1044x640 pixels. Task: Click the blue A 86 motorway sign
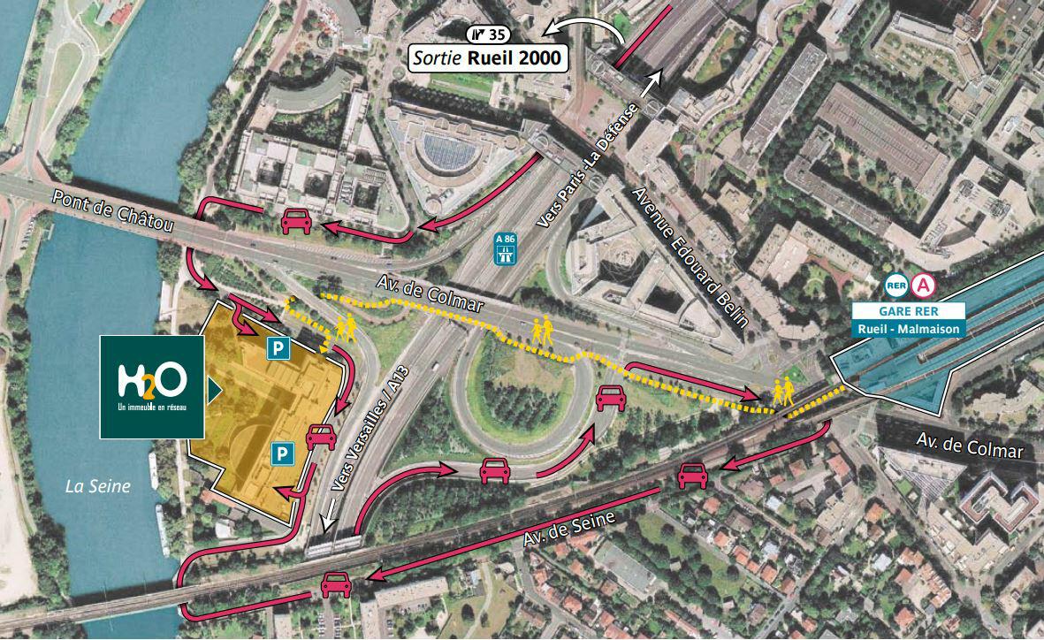point(506,250)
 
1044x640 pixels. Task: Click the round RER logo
point(896,286)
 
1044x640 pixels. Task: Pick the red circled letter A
point(924,286)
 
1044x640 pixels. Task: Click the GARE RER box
point(908,310)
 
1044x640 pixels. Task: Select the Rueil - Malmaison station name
point(908,329)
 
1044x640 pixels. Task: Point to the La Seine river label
point(98,485)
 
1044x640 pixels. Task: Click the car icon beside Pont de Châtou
point(295,222)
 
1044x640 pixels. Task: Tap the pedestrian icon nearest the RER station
point(781,391)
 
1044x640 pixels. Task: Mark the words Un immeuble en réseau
point(152,408)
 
